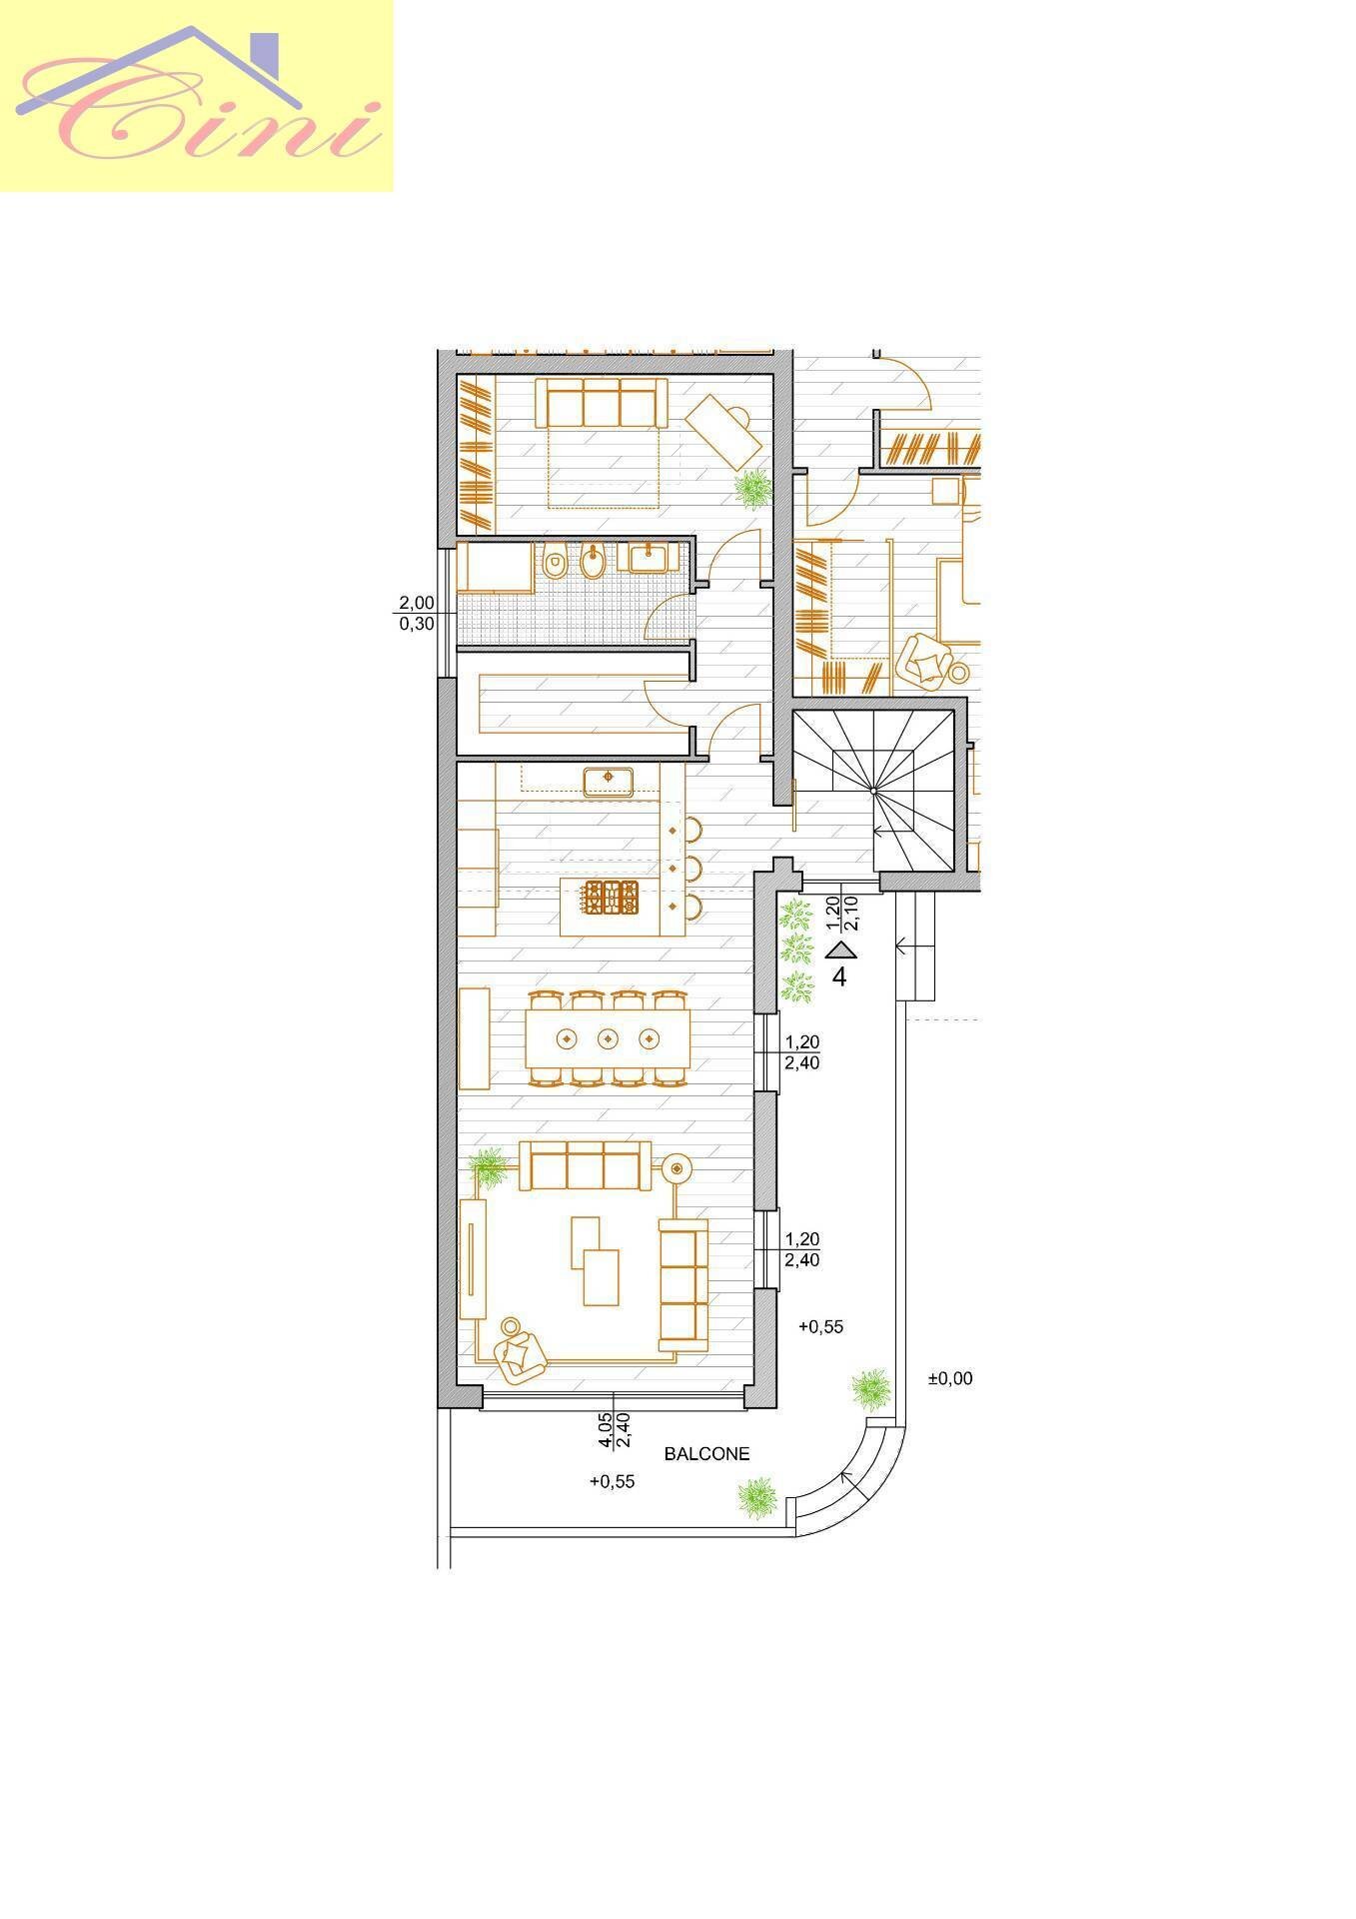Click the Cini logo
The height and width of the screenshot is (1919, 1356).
197,95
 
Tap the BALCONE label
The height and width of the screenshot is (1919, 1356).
706,1454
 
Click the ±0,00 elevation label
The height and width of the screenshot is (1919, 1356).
949,1378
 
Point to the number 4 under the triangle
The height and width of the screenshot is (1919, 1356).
839,976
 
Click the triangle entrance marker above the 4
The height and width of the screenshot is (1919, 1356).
841,950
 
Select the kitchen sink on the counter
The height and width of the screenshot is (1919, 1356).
609,781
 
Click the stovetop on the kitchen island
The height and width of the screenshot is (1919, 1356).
613,897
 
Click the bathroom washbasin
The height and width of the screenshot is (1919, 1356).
654,556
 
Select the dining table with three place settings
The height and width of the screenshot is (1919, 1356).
608,1038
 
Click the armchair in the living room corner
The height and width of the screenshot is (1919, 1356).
522,1350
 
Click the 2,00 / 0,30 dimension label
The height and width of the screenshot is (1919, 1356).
417,613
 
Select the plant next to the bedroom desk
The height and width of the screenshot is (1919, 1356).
753,488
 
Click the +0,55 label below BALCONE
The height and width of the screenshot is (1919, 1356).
613,1481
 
